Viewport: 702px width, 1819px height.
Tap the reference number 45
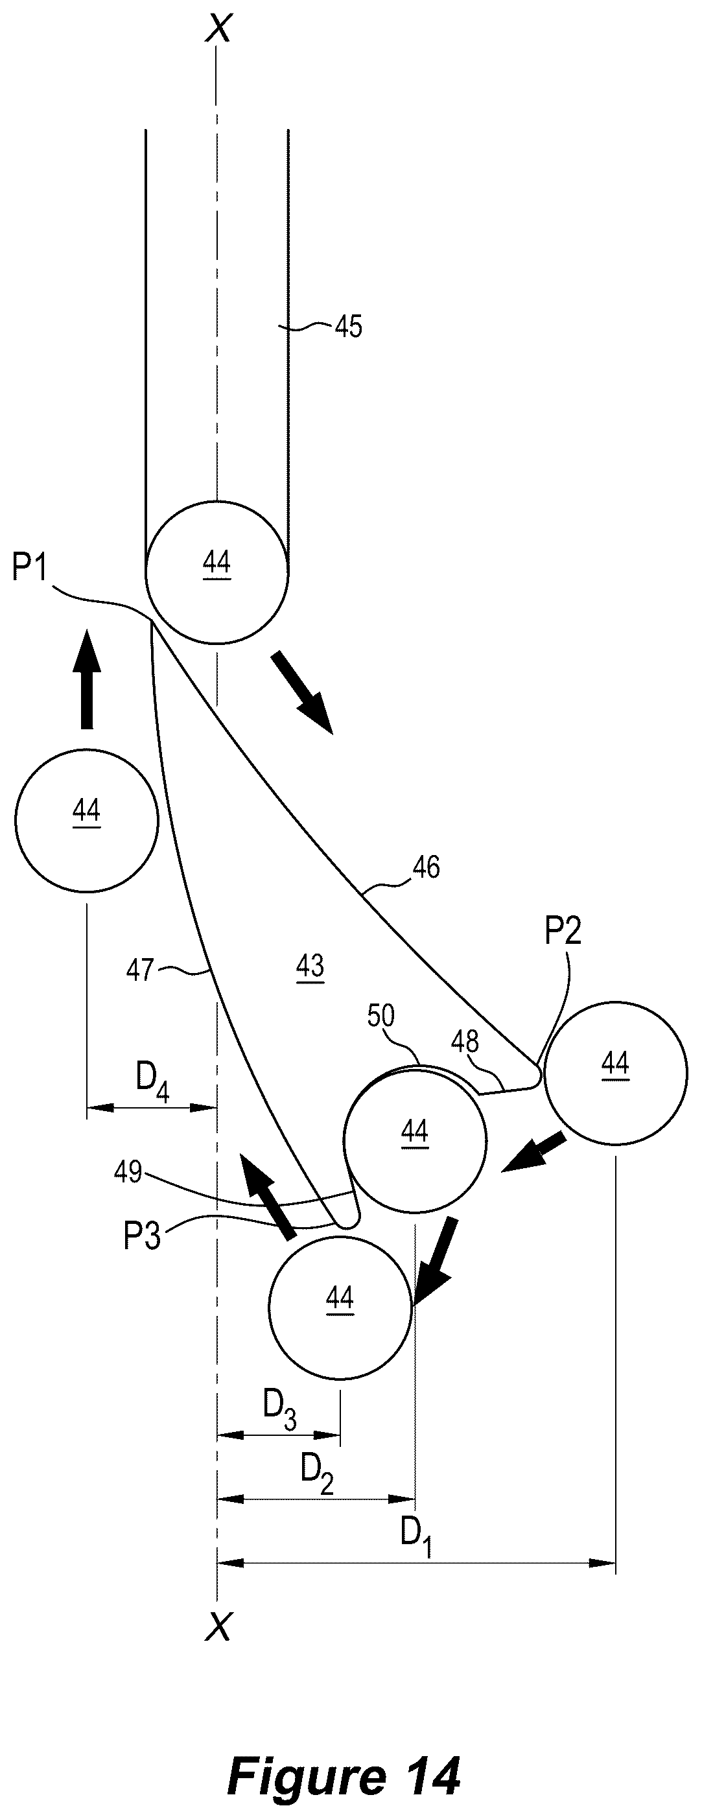[x=348, y=327]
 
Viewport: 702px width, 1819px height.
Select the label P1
[x=29, y=569]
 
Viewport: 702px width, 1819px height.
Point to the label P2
[x=563, y=932]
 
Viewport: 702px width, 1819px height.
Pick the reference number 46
[x=426, y=867]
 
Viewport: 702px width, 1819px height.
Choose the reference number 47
[x=140, y=970]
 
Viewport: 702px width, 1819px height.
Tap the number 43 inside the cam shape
[x=310, y=965]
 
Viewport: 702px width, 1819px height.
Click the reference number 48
[x=465, y=1042]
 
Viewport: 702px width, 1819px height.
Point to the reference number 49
[x=128, y=1173]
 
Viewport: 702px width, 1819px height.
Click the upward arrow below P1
[x=86, y=679]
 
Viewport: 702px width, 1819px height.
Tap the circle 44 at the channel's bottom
[x=216, y=572]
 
